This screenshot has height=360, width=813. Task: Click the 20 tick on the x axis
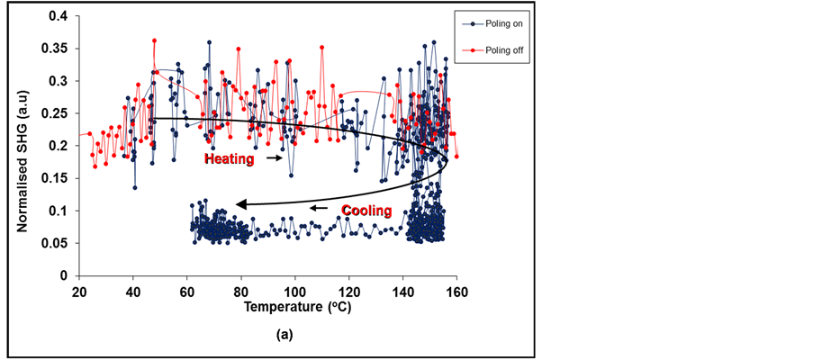pyautogui.click(x=79, y=291)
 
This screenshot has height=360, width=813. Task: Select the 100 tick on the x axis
pyautogui.click(x=295, y=291)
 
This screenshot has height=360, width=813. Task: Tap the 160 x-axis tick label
pyautogui.click(x=456, y=291)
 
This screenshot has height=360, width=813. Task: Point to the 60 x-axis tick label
pyautogui.click(x=187, y=291)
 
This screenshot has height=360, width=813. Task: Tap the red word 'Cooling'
pyautogui.click(x=366, y=211)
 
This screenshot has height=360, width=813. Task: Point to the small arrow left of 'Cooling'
pyautogui.click(x=320, y=209)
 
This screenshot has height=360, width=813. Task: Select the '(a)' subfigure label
pyautogui.click(x=285, y=335)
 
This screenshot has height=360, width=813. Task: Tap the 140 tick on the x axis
pyautogui.click(x=402, y=291)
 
